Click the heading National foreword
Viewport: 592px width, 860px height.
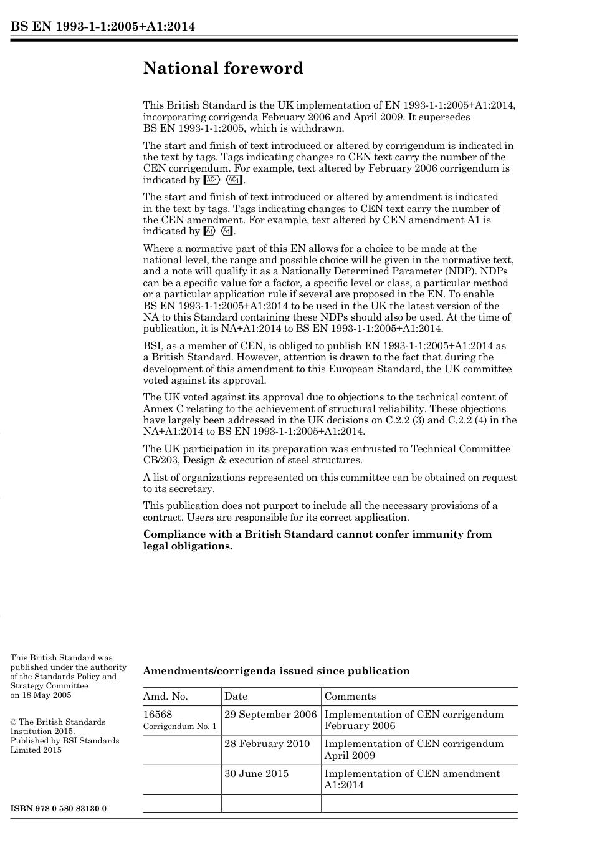pos(222,68)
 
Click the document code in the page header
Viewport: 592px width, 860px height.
pos(103,26)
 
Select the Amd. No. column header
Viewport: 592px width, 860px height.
pos(165,697)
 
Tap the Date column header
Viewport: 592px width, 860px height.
pos(236,697)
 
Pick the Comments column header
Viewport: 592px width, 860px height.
pos(350,697)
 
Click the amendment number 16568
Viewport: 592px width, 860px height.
pos(158,714)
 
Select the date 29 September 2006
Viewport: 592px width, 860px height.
pos(270,714)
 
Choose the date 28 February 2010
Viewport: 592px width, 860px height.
pos(267,743)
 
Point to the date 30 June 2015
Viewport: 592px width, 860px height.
pos(256,773)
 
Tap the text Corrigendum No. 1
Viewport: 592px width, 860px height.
pos(179,727)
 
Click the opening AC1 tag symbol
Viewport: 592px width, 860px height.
pos(211,180)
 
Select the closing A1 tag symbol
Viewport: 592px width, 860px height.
pos(227,231)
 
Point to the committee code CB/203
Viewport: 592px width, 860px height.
pos(159,460)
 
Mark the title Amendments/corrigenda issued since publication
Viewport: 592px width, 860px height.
pos(276,671)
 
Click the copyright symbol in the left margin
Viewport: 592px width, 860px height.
pos(13,722)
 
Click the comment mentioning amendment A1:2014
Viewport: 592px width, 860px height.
pos(412,779)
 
